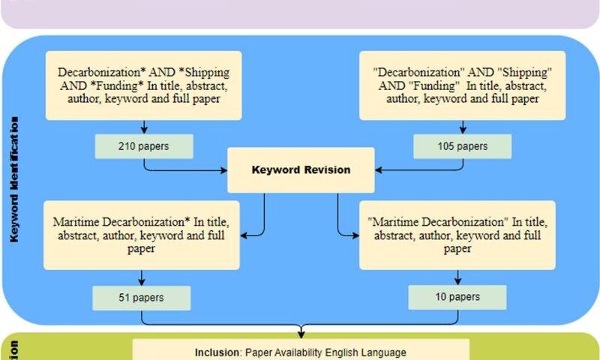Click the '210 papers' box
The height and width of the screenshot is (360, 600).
point(143,146)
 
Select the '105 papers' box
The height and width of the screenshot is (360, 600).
point(462,146)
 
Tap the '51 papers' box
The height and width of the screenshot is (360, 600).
point(142,298)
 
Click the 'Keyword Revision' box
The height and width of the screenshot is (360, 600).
point(301,170)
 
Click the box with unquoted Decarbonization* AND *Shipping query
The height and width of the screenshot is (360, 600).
point(143,85)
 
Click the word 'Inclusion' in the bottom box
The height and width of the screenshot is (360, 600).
point(216,352)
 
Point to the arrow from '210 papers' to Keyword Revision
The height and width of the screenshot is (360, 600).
point(187,170)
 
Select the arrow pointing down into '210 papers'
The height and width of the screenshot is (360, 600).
point(143,127)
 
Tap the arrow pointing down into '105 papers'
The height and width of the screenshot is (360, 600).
point(462,127)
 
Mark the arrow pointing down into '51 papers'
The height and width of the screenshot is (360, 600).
point(142,277)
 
